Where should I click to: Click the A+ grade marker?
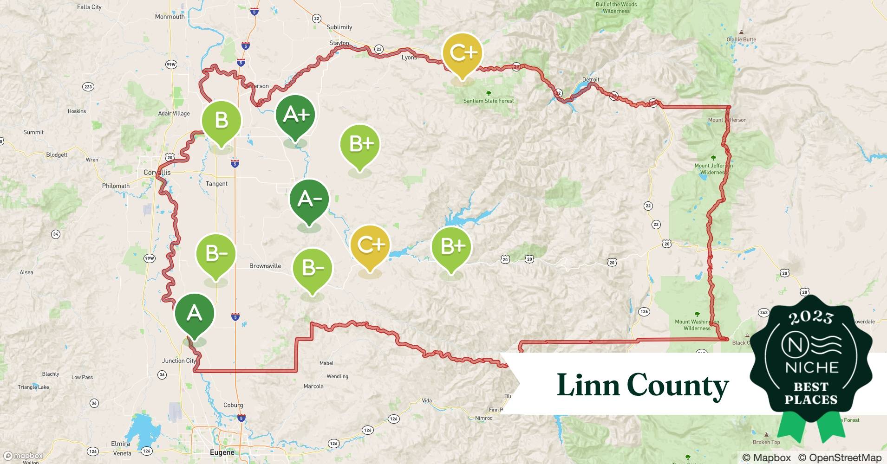295,115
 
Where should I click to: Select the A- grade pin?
309,199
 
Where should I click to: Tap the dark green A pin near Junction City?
195,313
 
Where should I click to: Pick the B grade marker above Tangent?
222,121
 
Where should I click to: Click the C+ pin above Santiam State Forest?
462,53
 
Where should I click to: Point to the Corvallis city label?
157,172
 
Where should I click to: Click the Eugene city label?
222,452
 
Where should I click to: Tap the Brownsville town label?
265,266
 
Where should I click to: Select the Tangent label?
216,184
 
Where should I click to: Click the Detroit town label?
591,79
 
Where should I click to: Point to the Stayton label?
339,43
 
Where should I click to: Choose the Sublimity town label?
339,27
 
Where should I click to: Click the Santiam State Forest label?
489,101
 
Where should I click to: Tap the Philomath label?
116,186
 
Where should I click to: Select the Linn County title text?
643,385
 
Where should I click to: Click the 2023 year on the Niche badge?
811,318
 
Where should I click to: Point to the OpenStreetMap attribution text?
840,458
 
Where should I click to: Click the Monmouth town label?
170,17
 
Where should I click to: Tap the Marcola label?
313,386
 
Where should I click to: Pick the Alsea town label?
26,272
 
